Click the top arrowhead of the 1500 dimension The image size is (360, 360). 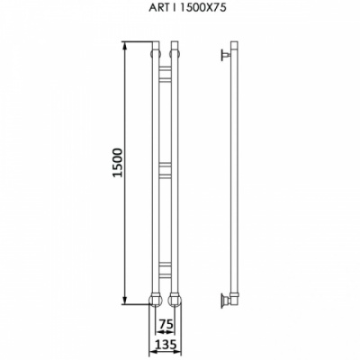[x=125, y=44]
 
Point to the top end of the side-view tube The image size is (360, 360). [x=233, y=43]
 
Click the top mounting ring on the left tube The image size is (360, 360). [x=154, y=55]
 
